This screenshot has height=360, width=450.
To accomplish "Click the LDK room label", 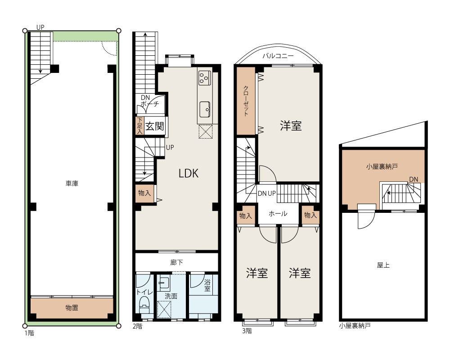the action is (x=188, y=173).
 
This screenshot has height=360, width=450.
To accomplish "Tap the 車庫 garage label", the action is (x=72, y=183).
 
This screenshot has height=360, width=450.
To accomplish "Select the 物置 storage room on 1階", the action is (x=72, y=308).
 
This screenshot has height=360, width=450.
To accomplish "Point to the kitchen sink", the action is (x=205, y=109).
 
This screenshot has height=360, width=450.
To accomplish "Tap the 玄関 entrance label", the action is (x=154, y=126).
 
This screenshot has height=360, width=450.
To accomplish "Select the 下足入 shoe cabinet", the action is (x=139, y=126).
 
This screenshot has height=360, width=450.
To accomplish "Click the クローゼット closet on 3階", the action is (x=246, y=101).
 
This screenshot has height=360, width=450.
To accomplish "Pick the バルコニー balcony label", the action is (x=278, y=56).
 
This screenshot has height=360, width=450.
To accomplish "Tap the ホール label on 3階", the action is (x=278, y=213).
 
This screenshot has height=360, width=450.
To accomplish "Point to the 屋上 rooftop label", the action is (x=383, y=265).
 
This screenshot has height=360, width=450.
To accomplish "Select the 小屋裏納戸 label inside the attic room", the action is (x=382, y=166).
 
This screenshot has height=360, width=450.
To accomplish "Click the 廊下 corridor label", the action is (x=176, y=262).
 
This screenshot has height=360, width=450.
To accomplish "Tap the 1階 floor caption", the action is (x=29, y=333).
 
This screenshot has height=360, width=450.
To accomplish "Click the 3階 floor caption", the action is (x=247, y=331).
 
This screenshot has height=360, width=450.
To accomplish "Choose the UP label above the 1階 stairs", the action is (x=40, y=27).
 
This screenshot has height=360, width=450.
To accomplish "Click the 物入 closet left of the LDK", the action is (x=144, y=193).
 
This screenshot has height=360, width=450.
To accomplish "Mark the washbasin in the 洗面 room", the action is (x=164, y=282).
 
